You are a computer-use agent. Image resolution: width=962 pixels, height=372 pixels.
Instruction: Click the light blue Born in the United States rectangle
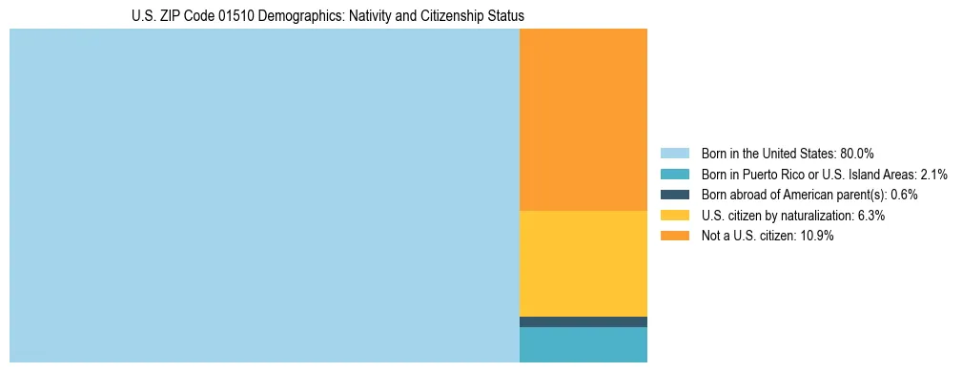pyautogui.click(x=264, y=196)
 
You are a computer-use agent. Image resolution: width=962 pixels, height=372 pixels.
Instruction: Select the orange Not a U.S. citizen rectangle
pyautogui.click(x=583, y=119)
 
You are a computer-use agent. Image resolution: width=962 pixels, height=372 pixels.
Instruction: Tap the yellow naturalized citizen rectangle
pyautogui.click(x=583, y=263)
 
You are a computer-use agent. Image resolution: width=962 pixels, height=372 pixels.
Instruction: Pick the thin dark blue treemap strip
pyautogui.click(x=583, y=321)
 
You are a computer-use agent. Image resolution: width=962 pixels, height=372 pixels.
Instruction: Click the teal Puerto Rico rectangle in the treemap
pyautogui.click(x=583, y=344)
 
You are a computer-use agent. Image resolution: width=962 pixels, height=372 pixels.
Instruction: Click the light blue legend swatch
pyautogui.click(x=674, y=154)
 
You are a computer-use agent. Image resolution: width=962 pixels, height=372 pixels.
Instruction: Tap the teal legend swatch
pyautogui.click(x=674, y=175)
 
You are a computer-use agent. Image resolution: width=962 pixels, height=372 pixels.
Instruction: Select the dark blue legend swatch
pyautogui.click(x=674, y=195)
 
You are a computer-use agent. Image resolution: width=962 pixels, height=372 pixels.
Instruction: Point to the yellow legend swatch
pyautogui.click(x=674, y=216)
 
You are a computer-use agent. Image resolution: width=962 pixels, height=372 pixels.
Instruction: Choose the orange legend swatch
pyautogui.click(x=674, y=237)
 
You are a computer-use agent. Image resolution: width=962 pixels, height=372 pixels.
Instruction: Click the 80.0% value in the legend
pyautogui.click(x=857, y=154)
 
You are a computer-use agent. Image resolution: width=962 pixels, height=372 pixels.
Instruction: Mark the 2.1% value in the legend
pyautogui.click(x=933, y=175)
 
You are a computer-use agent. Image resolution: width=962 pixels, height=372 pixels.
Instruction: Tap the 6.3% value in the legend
pyautogui.click(x=871, y=216)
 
